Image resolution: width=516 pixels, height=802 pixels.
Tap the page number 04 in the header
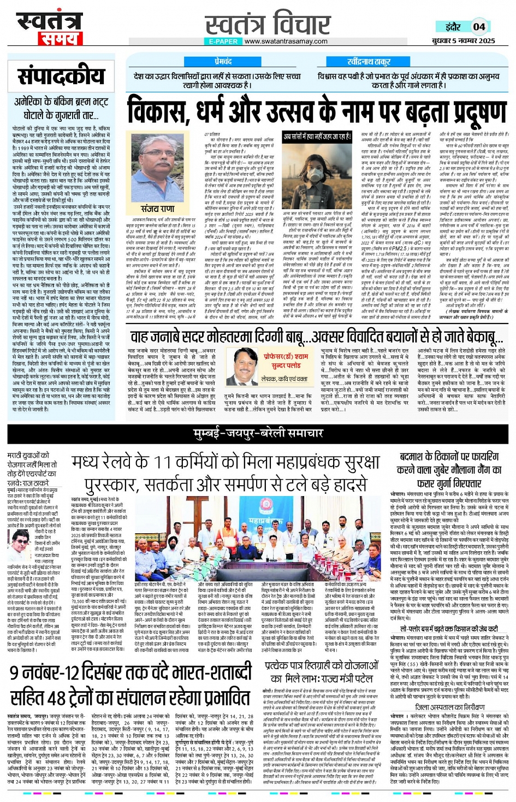[479, 26]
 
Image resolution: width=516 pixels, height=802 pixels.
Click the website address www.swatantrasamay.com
[286, 41]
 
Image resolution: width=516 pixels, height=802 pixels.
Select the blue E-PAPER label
[223, 41]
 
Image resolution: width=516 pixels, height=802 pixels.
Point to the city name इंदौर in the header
[453, 26]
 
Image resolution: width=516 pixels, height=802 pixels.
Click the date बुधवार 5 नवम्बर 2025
[464, 40]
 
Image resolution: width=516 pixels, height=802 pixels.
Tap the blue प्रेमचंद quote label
[223, 62]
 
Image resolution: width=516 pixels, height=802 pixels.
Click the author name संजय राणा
[157, 209]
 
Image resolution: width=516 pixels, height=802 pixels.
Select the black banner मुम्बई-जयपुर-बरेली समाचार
[258, 433]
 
